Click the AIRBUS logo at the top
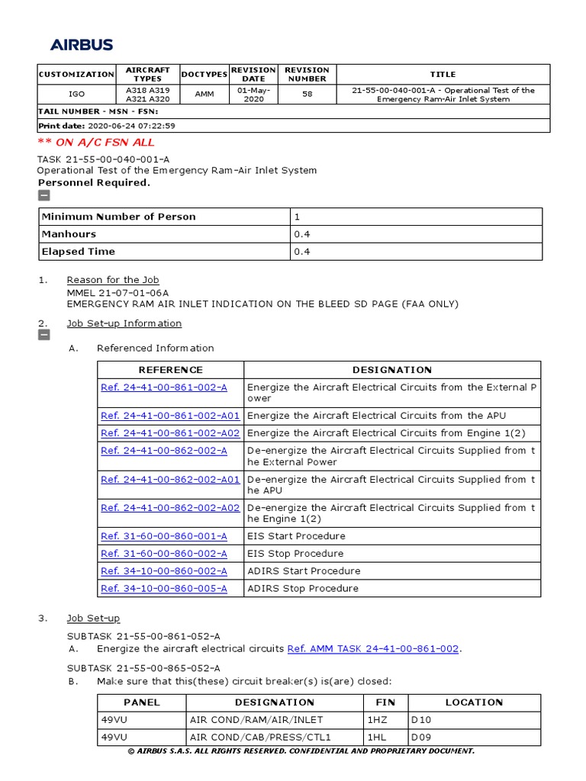click(82, 45)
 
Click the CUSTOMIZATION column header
click(76, 75)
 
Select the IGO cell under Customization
click(76, 95)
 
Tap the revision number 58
click(307, 95)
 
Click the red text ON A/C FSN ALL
click(96, 142)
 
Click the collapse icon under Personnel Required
click(44, 195)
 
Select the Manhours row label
click(69, 234)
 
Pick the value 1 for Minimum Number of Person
click(298, 217)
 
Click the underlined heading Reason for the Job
click(113, 280)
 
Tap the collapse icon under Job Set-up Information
click(44, 335)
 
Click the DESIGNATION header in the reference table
click(392, 370)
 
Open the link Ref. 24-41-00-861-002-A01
click(170, 416)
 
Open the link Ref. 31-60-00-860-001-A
click(164, 536)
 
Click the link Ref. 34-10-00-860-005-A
click(164, 588)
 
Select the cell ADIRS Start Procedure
click(304, 570)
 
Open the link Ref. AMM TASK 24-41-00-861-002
click(373, 649)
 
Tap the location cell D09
click(421, 737)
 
